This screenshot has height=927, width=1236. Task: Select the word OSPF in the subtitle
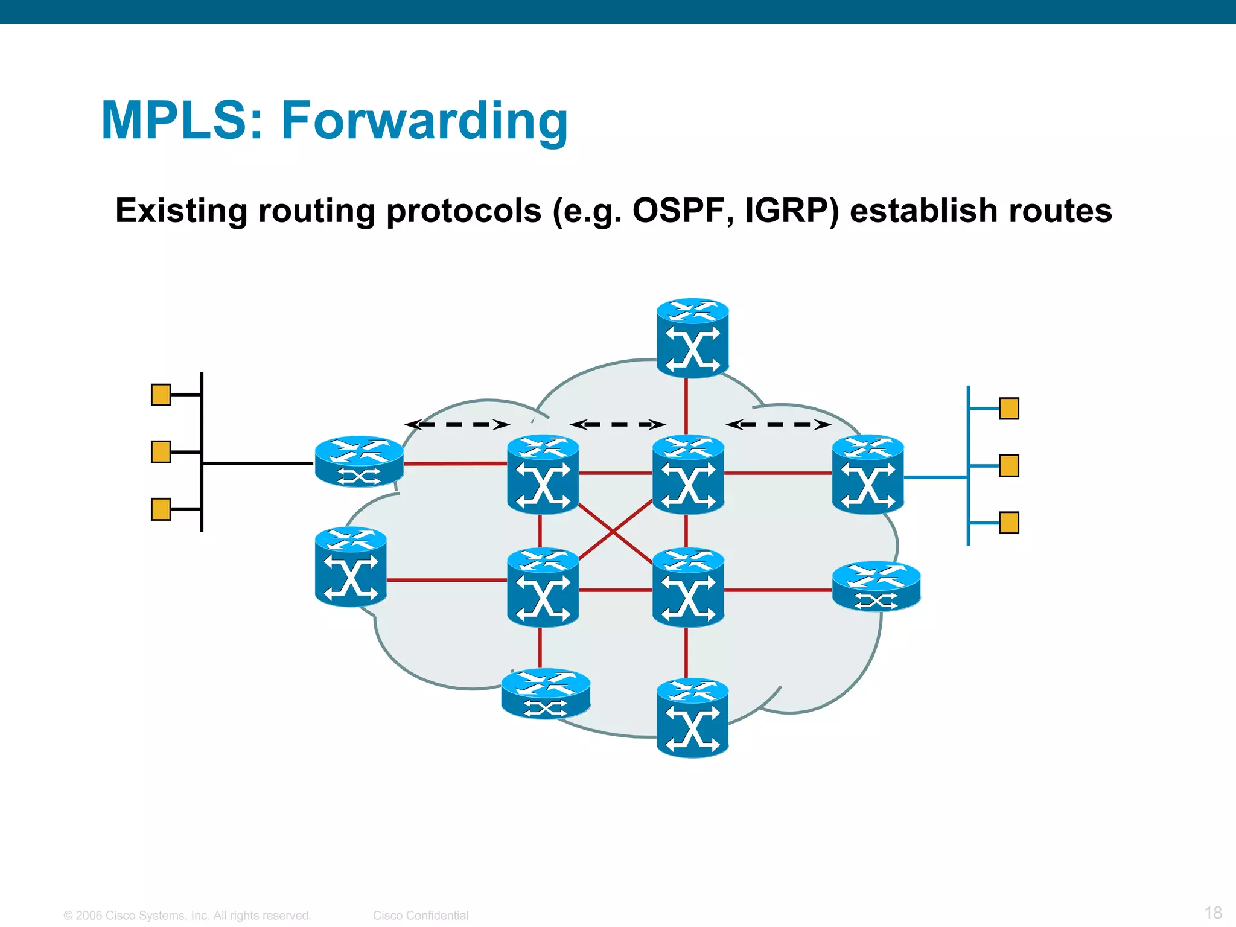click(678, 211)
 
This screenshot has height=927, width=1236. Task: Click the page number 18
click(1213, 912)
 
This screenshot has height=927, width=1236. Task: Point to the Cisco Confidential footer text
click(420, 915)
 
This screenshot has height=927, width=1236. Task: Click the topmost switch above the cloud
click(692, 338)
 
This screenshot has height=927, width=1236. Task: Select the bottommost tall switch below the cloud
click(692, 718)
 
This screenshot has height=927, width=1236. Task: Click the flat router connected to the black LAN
click(359, 461)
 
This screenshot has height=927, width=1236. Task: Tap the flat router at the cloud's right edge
click(876, 586)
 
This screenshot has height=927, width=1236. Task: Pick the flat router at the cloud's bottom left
click(546, 693)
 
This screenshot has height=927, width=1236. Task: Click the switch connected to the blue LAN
click(867, 474)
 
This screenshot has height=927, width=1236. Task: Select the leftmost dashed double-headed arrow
click(457, 425)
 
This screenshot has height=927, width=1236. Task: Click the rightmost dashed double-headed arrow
click(778, 425)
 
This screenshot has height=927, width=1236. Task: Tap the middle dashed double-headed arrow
click(617, 425)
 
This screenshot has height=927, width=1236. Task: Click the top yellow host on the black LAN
click(161, 395)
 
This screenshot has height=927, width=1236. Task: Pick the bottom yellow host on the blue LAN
click(1008, 523)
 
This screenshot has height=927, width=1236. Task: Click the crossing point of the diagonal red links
click(614, 532)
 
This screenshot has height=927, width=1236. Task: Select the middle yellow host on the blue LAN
click(1008, 466)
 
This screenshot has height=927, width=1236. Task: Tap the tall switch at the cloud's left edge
click(351, 567)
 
